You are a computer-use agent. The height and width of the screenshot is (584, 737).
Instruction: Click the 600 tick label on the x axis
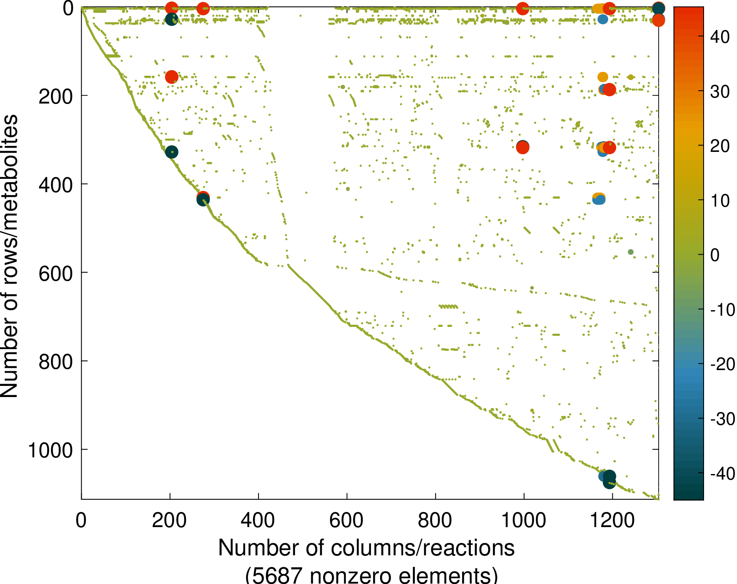click(346, 521)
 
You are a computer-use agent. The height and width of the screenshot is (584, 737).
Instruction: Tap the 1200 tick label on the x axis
click(612, 521)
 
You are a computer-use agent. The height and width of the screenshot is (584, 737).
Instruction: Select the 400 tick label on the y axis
click(56, 185)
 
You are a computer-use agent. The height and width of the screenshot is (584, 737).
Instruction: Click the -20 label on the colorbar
click(722, 364)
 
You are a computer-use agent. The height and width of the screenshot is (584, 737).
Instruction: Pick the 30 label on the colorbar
click(720, 91)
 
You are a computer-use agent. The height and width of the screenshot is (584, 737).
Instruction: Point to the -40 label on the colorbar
click(722, 474)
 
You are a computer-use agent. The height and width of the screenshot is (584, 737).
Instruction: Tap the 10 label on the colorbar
click(720, 200)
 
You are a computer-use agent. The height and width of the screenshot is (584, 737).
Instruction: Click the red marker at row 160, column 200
click(172, 77)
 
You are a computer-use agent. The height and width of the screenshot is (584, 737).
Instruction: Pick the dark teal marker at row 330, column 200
click(172, 152)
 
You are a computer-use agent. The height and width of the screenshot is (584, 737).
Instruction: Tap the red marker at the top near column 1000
click(522, 8)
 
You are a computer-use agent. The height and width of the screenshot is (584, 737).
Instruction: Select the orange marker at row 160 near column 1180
click(603, 77)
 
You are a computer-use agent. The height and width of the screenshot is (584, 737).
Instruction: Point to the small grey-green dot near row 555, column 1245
click(630, 252)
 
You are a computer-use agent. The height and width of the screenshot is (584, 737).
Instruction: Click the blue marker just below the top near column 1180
click(603, 19)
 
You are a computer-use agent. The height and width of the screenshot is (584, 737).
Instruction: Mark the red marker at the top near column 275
click(203, 8)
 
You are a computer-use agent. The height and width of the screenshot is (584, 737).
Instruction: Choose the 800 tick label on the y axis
click(56, 362)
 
